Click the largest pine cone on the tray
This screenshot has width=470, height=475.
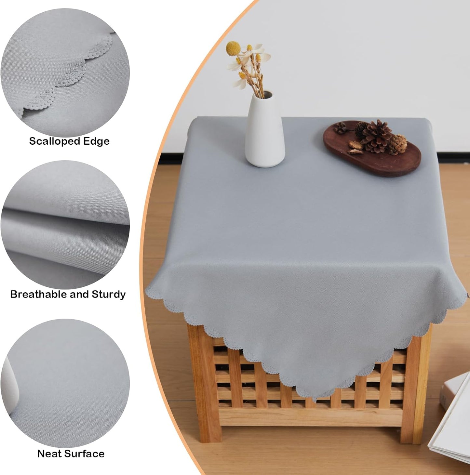click(377, 136)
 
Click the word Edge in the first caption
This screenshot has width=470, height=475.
click(96, 141)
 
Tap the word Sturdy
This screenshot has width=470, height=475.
click(109, 294)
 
